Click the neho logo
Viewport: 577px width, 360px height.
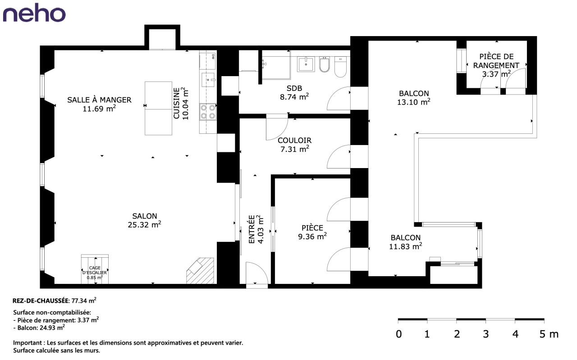34,13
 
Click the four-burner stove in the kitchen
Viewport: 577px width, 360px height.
208,112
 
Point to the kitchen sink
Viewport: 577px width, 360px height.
208,80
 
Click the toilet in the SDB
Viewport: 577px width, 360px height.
340,67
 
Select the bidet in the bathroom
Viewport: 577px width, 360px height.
324,64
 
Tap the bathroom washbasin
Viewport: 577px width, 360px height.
306,64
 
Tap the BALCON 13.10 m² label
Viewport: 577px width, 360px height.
414,98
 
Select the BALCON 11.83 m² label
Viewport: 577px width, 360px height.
405,242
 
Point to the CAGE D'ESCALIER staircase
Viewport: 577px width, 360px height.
95,269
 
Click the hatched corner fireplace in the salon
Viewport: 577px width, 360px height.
200,271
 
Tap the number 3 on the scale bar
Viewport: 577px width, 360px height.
485,334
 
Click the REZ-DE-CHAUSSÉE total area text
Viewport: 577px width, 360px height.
55,300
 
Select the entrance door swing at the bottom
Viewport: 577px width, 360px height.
257,273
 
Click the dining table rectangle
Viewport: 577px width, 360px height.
158,108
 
